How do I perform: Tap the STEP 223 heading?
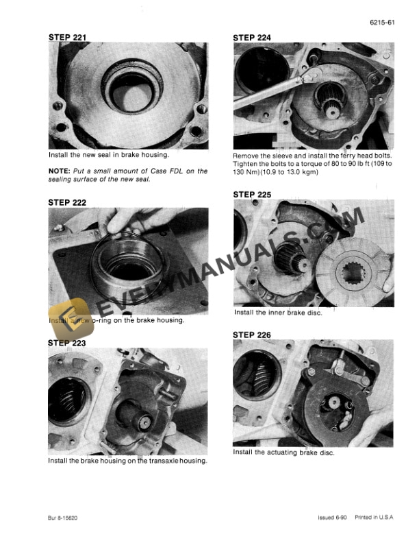click(x=67, y=342)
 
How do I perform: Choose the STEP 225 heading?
click(x=252, y=195)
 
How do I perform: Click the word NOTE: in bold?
click(x=61, y=171)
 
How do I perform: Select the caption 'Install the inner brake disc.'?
click(x=278, y=313)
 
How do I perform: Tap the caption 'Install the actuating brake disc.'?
click(x=283, y=452)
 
